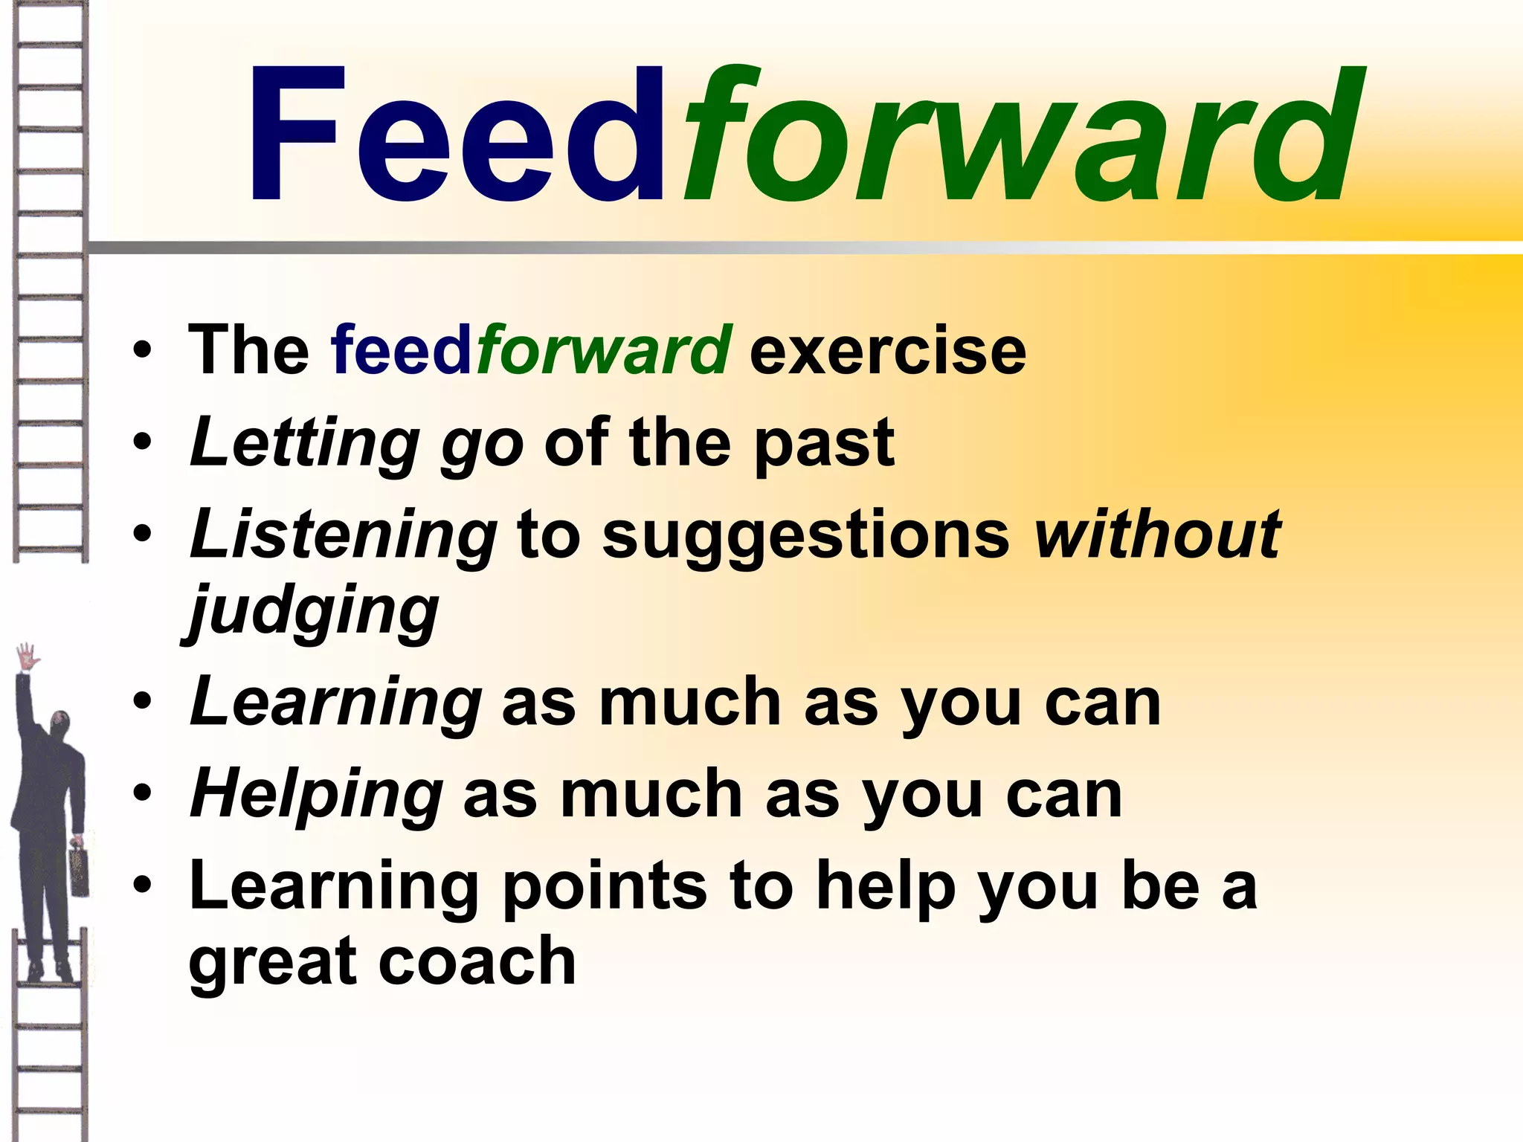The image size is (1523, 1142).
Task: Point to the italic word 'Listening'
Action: tap(343, 535)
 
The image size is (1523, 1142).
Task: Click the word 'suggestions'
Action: tap(805, 537)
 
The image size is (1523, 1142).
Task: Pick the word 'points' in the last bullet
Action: tap(605, 886)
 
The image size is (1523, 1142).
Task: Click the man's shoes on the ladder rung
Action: tap(49, 971)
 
